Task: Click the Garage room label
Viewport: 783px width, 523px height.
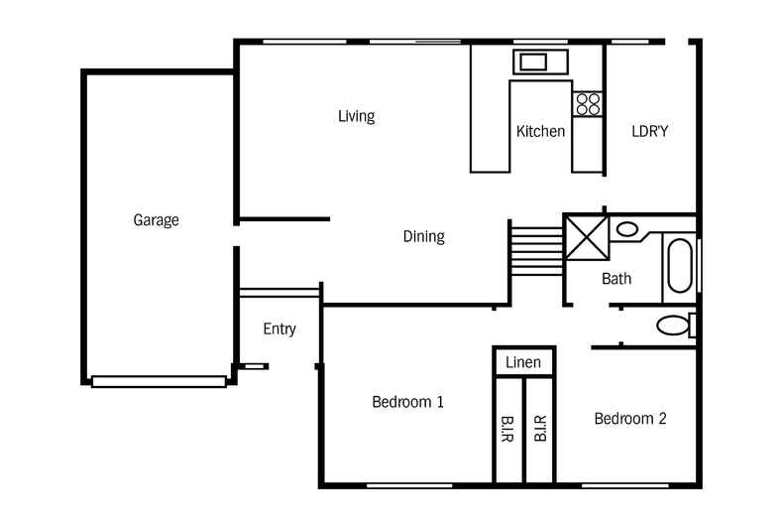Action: coord(156,220)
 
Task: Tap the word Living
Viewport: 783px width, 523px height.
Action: coord(356,116)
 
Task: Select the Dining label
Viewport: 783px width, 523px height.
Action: coord(423,236)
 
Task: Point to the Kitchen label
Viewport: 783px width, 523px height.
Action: coord(540,131)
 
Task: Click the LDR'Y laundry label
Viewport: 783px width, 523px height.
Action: coord(649,131)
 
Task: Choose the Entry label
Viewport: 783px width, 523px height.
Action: coord(280,329)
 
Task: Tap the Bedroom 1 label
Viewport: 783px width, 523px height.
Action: coord(407,402)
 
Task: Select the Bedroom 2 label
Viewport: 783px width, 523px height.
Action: coord(630,418)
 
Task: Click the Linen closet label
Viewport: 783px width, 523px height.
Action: coord(523,362)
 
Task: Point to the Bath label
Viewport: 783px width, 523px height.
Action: coord(616,279)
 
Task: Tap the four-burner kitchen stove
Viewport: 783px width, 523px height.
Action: coord(588,104)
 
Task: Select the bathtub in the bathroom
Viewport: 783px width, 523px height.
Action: coord(679,266)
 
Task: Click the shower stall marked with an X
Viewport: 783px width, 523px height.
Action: coord(587,237)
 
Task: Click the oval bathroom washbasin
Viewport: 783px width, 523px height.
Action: coord(626,229)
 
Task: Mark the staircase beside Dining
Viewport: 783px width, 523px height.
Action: coord(537,250)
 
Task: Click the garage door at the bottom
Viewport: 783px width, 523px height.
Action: coord(159,381)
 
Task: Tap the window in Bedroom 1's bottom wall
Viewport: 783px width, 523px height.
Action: coord(409,485)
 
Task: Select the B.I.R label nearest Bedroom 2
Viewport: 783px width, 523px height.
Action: coord(540,428)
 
